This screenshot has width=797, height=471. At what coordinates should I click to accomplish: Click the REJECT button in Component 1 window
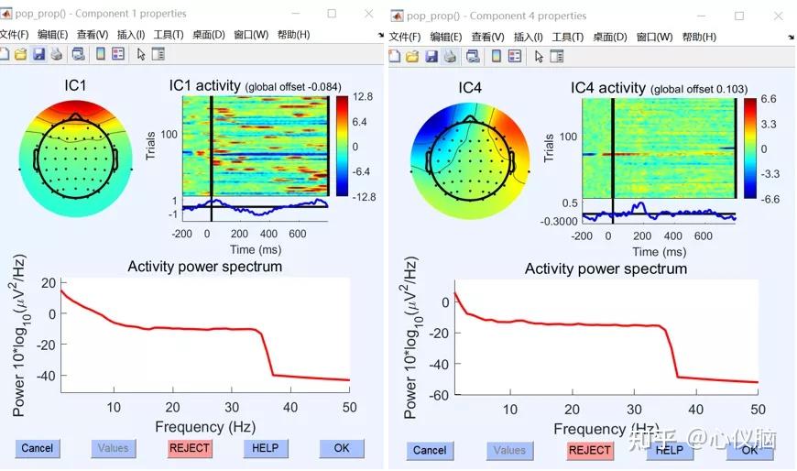(x=189, y=448)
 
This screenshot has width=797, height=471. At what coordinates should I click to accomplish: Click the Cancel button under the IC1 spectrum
(x=38, y=448)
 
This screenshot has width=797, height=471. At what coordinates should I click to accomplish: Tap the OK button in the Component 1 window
(x=342, y=448)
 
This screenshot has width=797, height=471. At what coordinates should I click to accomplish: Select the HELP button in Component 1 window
(x=266, y=448)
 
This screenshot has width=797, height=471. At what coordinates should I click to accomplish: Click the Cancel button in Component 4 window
(x=430, y=450)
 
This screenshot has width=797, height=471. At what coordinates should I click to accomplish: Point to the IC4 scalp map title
(x=470, y=88)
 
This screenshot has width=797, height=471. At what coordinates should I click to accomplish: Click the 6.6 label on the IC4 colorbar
(x=769, y=99)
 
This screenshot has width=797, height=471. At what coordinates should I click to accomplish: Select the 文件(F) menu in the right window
(x=404, y=37)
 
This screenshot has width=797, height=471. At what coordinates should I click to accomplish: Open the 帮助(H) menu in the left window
(x=293, y=35)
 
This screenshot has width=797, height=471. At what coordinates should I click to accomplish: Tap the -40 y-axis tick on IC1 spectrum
(x=46, y=375)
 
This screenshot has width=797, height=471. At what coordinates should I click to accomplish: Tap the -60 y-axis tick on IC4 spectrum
(x=441, y=395)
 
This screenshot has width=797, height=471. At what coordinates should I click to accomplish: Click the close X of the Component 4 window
(x=780, y=16)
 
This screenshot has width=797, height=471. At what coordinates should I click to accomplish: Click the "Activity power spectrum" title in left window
(x=204, y=267)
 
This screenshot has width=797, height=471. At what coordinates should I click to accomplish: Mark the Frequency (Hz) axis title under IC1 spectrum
(x=202, y=426)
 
